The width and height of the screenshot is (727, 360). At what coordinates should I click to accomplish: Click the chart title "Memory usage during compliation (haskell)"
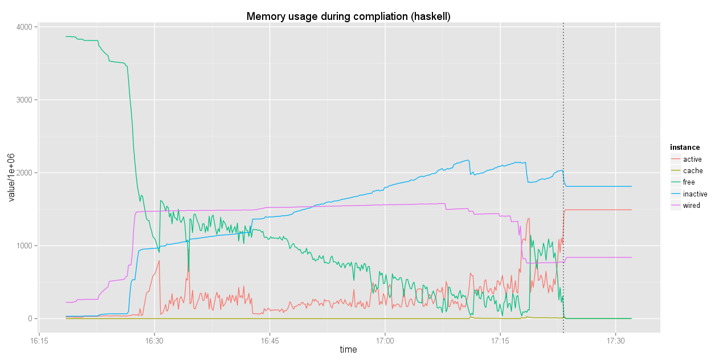[x=348, y=17]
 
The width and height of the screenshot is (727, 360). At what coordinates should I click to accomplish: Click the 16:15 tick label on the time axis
[x=39, y=341]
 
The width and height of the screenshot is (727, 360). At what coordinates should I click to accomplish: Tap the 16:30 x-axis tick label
[x=154, y=341]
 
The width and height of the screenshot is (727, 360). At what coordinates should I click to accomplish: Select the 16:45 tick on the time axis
[x=269, y=341]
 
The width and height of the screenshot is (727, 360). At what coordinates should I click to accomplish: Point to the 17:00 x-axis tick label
[x=385, y=341]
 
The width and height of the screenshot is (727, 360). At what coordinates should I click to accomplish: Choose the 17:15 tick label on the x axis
[x=500, y=341]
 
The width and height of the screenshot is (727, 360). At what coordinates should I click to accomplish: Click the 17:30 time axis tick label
[x=615, y=341]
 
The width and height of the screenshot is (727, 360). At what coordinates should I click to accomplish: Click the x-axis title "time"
[x=348, y=350]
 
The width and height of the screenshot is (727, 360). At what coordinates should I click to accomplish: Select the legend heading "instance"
[x=685, y=148]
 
